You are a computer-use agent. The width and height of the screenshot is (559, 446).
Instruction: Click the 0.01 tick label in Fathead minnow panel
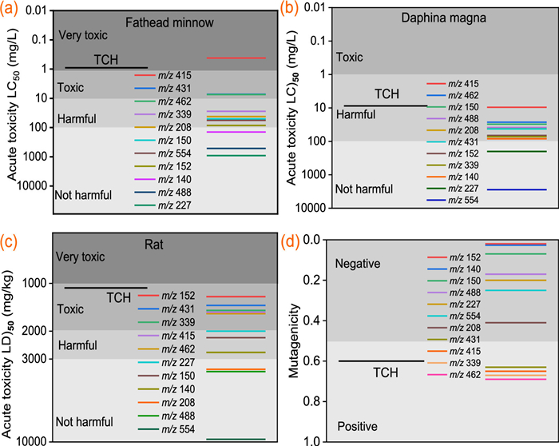[35, 10]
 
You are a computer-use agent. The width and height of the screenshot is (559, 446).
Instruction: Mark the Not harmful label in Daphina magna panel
[364, 189]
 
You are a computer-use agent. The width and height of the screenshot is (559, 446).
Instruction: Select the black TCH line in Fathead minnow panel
[106, 68]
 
